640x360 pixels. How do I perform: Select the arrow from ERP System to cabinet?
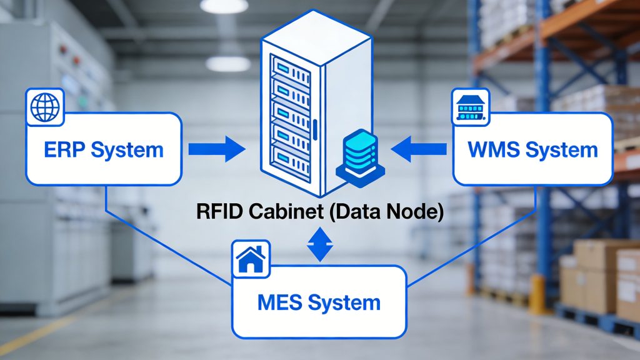coord(216,149)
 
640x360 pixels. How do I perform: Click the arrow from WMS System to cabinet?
coord(418,149)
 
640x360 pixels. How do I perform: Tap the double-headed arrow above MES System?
coord(319,244)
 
